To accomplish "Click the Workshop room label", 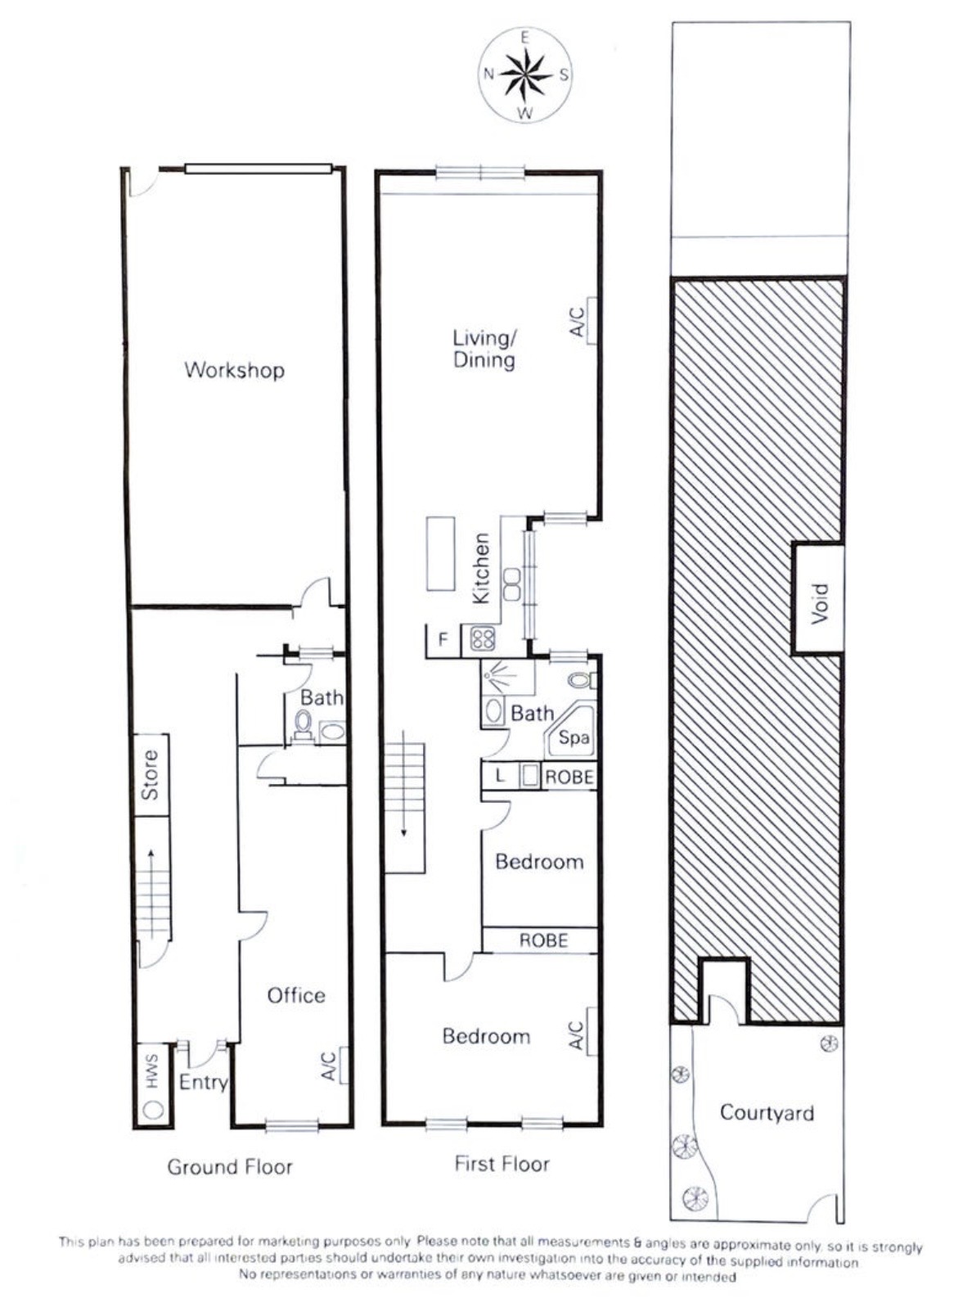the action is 234,370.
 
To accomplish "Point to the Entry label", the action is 203,1082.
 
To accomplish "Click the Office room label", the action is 296,995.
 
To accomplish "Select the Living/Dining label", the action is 484,349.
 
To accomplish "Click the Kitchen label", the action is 481,568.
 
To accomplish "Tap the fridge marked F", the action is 443,638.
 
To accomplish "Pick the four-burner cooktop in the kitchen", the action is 483,638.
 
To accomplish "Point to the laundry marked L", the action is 500,776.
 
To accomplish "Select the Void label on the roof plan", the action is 820,604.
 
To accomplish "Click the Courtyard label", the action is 767,1113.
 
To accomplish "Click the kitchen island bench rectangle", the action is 441,553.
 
